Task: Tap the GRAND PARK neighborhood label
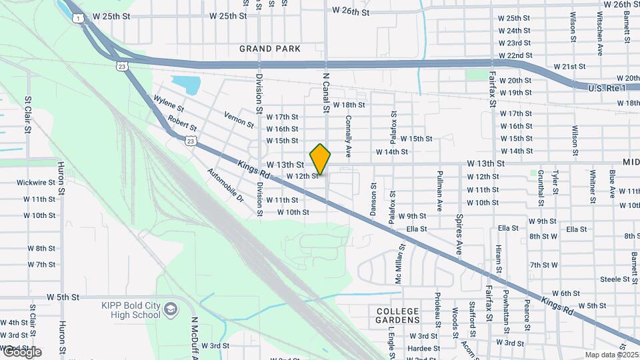[270, 49]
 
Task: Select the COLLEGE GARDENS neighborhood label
[397, 316]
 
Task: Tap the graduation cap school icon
[171, 309]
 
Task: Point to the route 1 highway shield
[79, 19]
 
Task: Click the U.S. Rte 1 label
[611, 88]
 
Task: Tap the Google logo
[21, 352]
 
